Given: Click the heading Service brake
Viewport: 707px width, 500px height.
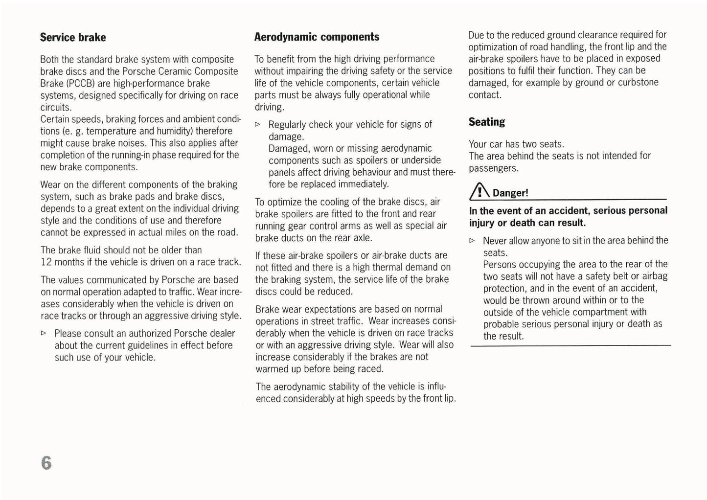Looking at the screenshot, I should [73, 38].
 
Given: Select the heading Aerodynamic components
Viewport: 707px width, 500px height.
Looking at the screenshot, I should [317, 37].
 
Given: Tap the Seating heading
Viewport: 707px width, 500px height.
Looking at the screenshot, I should [487, 122].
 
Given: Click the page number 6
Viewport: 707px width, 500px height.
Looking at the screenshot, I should [46, 462].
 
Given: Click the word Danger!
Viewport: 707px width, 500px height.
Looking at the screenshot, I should [510, 193].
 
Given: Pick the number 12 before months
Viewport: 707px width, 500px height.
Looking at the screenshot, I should [46, 262].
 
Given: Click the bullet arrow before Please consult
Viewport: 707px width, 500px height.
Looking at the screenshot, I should [44, 333].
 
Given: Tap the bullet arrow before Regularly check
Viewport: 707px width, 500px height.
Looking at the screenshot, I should [257, 125].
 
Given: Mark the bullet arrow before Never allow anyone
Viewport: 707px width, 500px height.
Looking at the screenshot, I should [472, 241].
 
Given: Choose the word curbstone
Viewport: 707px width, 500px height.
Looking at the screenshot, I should [638, 83].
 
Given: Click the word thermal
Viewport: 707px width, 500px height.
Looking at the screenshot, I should [391, 268].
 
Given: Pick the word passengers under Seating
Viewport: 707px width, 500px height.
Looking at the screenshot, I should [493, 168].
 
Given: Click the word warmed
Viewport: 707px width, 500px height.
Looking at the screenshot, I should [272, 369].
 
